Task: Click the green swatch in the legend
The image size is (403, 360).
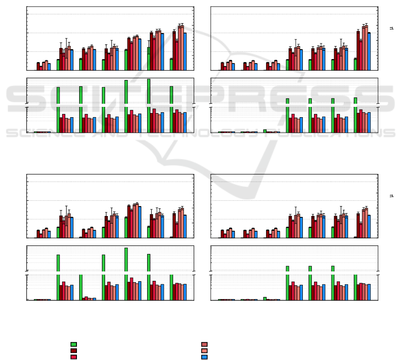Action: (73, 344)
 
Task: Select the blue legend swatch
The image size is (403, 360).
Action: (204, 357)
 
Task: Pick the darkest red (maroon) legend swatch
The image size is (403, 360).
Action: (73, 351)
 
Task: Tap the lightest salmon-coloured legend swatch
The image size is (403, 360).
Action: (204, 351)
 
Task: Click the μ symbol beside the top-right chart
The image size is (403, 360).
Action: (391, 28)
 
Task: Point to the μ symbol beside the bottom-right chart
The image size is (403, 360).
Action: (391, 195)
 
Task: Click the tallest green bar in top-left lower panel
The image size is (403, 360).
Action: (148, 105)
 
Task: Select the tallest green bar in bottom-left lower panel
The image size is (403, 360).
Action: (126, 273)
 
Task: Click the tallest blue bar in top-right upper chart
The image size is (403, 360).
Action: (369, 51)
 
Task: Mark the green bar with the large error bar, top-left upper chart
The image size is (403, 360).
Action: (148, 58)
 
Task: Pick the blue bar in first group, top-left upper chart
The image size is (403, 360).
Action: (49, 67)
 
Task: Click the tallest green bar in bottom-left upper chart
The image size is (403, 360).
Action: (126, 227)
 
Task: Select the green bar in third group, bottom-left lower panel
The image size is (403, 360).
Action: (81, 287)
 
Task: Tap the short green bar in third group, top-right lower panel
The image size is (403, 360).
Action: (265, 131)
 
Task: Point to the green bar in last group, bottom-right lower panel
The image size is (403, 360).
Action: (355, 287)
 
